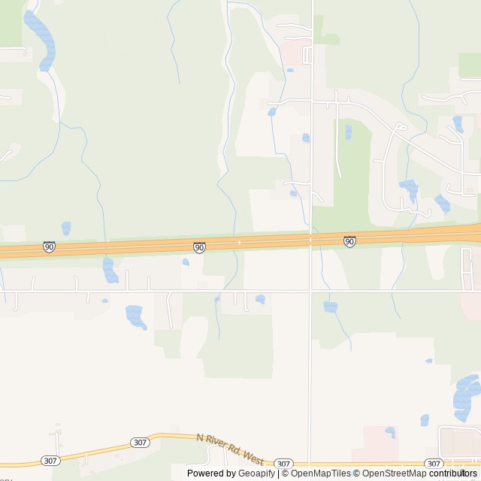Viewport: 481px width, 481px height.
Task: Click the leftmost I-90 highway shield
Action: click(49, 247)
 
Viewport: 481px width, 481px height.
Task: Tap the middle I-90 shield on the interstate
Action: click(199, 247)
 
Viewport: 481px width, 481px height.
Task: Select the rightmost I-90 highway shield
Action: click(349, 241)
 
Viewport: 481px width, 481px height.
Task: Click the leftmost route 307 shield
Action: click(49, 461)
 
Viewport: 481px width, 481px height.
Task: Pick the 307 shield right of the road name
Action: click(283, 464)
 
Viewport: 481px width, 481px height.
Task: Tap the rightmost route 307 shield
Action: click(434, 464)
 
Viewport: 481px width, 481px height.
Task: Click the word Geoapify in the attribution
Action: click(256, 473)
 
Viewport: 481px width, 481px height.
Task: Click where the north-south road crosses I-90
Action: click(310, 240)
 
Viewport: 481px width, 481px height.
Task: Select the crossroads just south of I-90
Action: click(310, 290)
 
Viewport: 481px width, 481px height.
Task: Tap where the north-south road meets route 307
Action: click(310, 464)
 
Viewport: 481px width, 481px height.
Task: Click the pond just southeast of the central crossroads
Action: click(330, 307)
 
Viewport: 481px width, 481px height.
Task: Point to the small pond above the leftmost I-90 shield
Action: click(66, 228)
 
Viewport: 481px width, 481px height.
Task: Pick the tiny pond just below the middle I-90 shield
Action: click(186, 262)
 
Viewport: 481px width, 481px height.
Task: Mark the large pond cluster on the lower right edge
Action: click(467, 398)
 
